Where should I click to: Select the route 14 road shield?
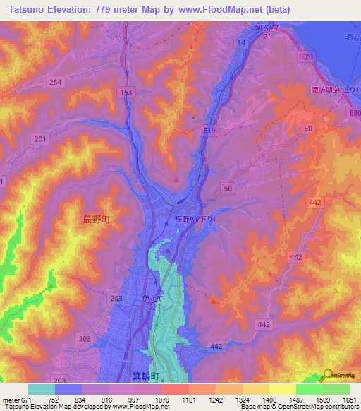(x=242, y=44)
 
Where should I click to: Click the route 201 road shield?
(x=39, y=139)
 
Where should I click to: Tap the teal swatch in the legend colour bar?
(x=42, y=389)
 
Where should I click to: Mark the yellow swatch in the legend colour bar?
(x=282, y=389)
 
